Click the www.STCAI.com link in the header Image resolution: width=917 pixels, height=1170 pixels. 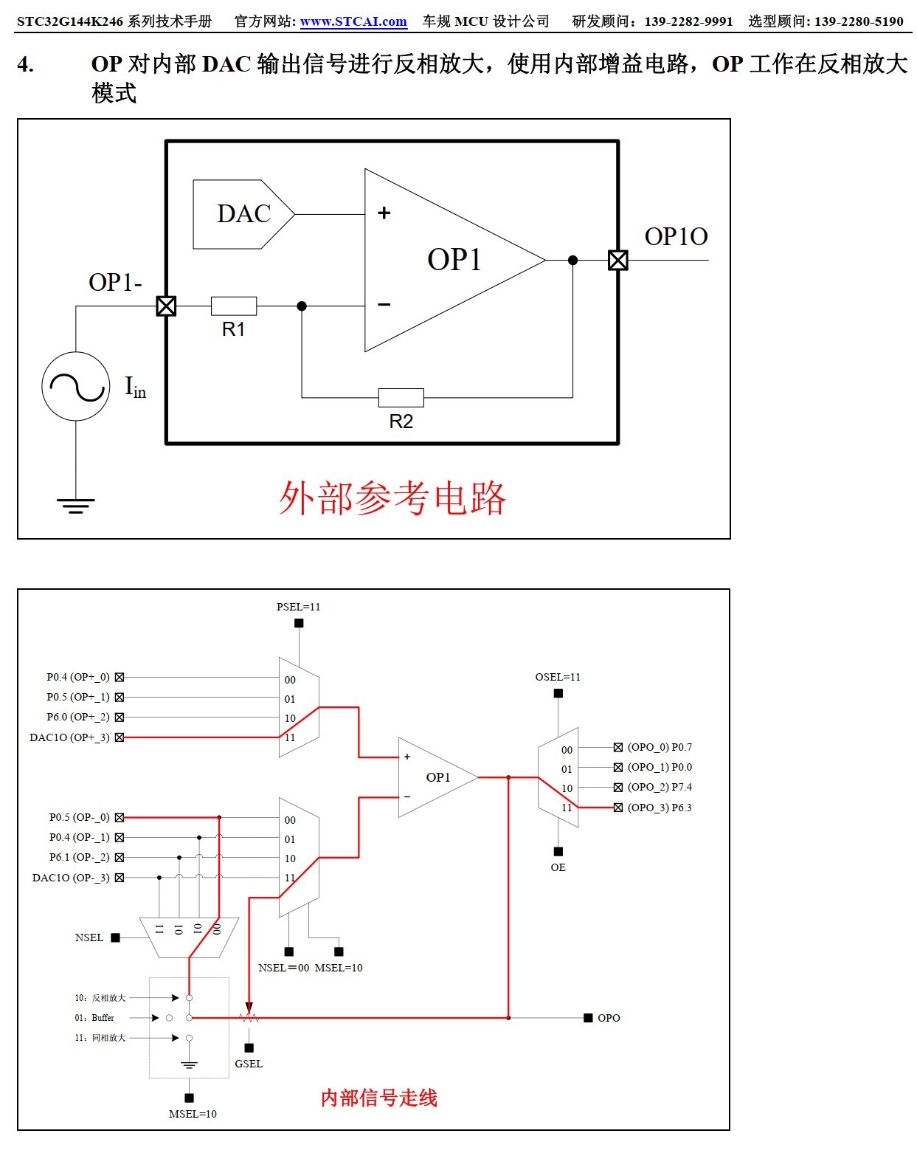tap(353, 21)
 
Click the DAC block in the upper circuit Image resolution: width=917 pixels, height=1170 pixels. tap(243, 214)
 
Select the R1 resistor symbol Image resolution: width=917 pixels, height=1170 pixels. tap(234, 306)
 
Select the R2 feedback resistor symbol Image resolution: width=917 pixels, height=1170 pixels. tap(401, 398)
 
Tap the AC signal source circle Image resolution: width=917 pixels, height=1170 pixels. tap(76, 386)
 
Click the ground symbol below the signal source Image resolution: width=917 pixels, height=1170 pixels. tap(76, 506)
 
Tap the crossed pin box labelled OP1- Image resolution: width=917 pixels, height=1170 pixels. tap(166, 306)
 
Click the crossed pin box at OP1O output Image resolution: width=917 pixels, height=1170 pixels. tap(617, 260)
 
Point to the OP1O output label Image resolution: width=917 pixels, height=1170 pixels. tap(676, 236)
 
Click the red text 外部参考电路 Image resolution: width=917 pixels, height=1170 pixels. tap(392, 498)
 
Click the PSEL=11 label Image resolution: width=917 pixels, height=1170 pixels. tap(298, 607)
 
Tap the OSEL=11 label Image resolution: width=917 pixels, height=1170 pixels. tap(558, 677)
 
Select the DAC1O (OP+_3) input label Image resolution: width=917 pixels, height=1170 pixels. tap(69, 737)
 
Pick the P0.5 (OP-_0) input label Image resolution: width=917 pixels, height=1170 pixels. tap(79, 817)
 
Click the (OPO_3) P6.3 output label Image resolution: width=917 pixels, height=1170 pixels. tap(660, 808)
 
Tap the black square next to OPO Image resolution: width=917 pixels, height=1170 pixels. tap(588, 1018)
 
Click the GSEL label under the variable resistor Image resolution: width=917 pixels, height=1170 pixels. tap(249, 1064)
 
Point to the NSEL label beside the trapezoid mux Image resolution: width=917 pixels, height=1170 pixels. tap(89, 937)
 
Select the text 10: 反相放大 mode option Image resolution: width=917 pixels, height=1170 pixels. tap(100, 998)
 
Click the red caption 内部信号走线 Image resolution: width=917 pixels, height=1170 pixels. tap(379, 1098)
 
